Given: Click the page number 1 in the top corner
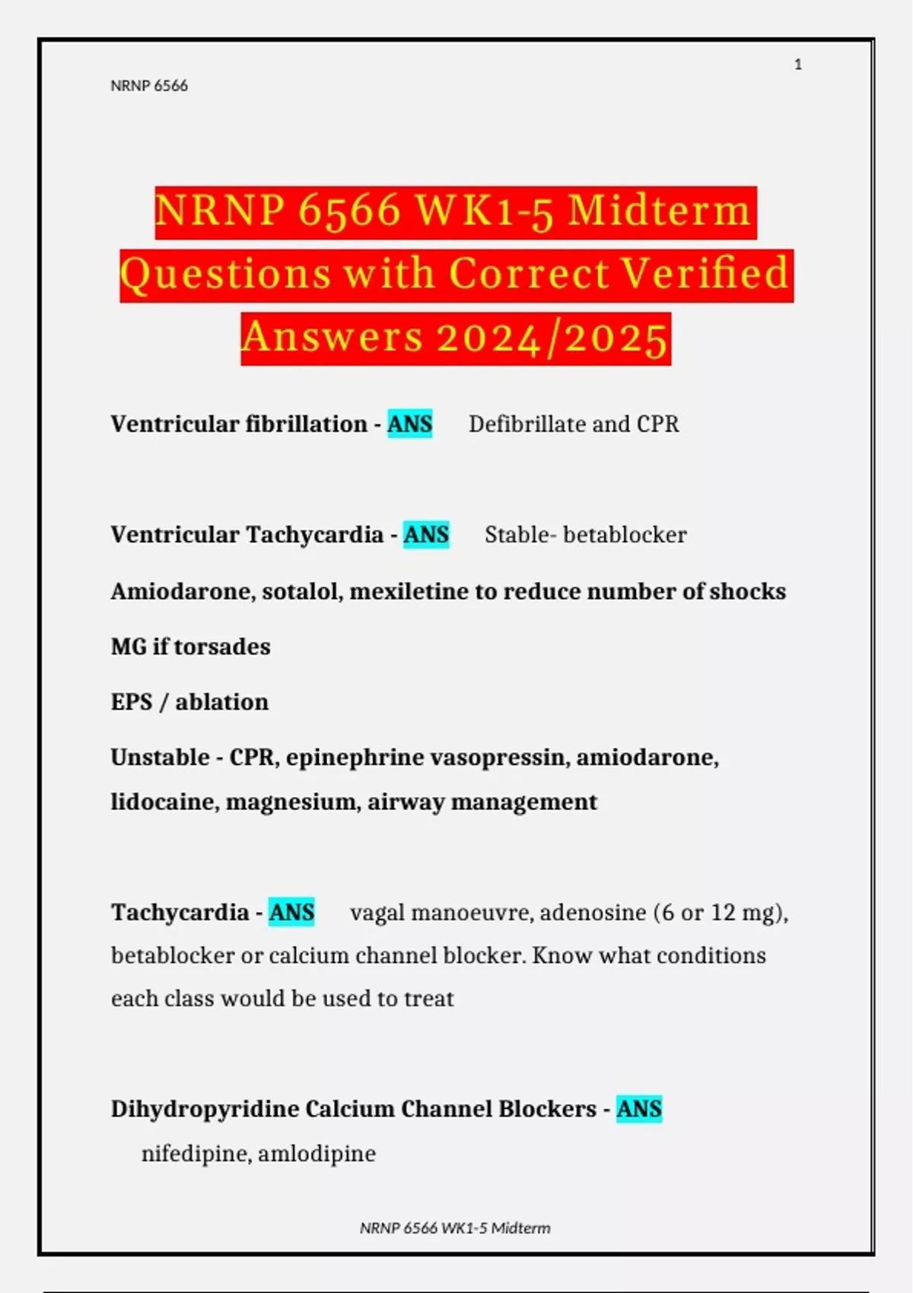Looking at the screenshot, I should point(798,65).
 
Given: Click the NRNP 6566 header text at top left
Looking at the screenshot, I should point(149,86).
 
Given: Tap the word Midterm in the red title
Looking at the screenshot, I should point(659,211).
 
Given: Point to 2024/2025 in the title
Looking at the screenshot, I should point(552,338).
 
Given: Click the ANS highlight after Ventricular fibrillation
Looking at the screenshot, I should point(410,424).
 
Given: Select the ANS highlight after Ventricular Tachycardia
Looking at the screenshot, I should point(426,535).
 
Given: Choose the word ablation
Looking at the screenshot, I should point(222,702).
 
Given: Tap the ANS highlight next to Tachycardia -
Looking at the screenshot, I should point(291,912).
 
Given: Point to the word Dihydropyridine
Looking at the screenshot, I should point(205,1109).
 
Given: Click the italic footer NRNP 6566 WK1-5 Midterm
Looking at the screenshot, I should point(455,1228).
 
